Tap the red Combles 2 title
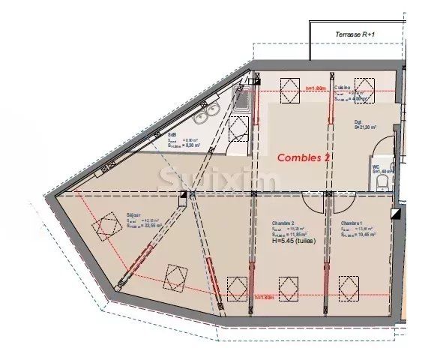tap(304, 157)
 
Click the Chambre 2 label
tap(283, 223)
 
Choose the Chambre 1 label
tap(352, 223)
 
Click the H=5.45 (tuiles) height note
tap(293, 241)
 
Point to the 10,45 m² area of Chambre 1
tap(359, 235)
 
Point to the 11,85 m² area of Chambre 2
tap(291, 235)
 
